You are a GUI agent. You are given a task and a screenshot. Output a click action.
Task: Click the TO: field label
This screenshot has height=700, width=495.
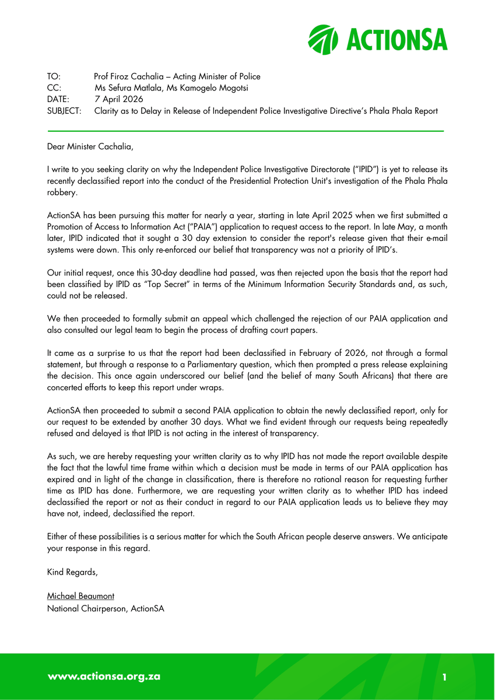[x=54, y=76]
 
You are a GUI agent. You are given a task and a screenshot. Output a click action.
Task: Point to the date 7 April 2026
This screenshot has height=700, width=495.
[x=118, y=100]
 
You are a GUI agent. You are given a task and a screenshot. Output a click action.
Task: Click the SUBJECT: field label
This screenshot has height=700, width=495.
[x=64, y=111]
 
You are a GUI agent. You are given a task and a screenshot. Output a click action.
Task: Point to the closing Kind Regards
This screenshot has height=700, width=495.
[x=72, y=572]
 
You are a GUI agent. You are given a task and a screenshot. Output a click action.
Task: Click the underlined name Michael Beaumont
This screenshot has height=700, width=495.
[x=80, y=596]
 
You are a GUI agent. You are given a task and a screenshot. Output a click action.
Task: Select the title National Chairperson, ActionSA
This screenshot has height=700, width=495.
[x=106, y=608]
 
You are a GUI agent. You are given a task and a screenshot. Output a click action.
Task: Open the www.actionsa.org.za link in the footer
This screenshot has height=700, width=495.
[x=104, y=677]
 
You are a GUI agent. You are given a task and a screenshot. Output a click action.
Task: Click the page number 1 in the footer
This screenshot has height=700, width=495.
[x=444, y=677]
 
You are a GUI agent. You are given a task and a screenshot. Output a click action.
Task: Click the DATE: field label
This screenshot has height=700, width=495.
[x=58, y=100]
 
